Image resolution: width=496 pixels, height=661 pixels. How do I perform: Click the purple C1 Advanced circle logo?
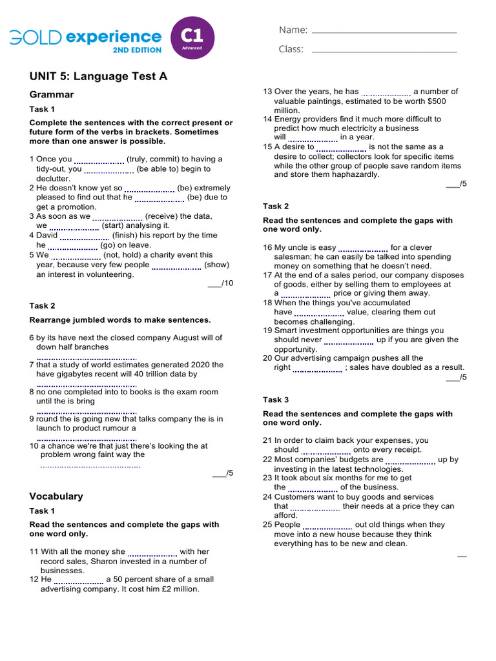[192, 38]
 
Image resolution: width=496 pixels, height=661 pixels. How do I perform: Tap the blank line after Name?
[384, 32]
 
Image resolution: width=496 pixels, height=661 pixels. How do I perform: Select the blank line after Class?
[384, 51]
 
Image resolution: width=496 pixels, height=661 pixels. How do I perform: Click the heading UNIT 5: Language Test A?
[98, 76]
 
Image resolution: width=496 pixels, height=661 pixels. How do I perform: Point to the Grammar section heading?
[52, 95]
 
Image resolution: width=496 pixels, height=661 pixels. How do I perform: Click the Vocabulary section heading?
[56, 496]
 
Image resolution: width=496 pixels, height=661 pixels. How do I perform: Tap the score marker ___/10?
[220, 283]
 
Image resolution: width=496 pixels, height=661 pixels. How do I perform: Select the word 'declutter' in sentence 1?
[53, 179]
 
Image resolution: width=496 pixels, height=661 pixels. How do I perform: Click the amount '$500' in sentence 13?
[435, 101]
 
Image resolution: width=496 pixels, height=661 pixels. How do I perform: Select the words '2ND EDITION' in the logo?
[137, 50]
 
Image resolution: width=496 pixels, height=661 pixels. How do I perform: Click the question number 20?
[267, 358]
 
